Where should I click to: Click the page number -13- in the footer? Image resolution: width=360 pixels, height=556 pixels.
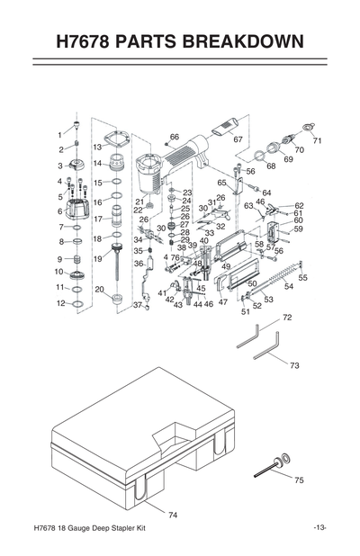pyautogui.click(x=319, y=527)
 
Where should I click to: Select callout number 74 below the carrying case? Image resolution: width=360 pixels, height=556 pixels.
pyautogui.click(x=173, y=515)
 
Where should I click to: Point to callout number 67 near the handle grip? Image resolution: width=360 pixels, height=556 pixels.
pyautogui.click(x=238, y=139)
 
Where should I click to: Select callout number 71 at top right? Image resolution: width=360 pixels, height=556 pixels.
pyautogui.click(x=317, y=141)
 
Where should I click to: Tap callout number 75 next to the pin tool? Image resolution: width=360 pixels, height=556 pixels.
pyautogui.click(x=299, y=480)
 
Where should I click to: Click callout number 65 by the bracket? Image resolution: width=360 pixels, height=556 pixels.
pyautogui.click(x=221, y=183)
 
